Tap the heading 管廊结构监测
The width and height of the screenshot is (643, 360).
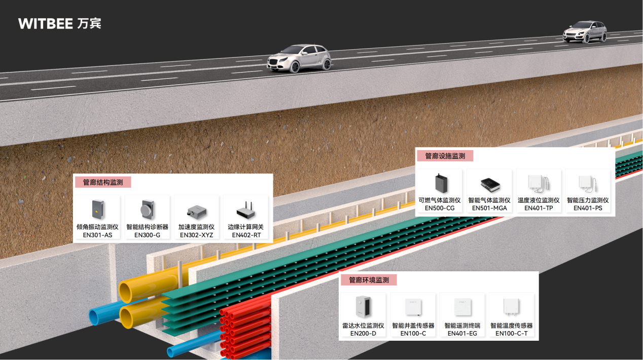point(103,182)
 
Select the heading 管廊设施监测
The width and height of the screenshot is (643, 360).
point(445,156)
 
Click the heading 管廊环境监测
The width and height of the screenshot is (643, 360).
point(369,280)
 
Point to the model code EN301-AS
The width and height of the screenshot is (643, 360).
point(97,235)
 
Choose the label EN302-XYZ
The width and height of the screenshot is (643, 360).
point(196,235)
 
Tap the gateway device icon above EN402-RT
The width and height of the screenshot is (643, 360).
point(246,210)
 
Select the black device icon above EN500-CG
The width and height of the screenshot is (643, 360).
point(439,183)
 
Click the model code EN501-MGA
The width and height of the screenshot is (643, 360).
point(489,208)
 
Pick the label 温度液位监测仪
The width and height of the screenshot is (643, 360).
point(539,200)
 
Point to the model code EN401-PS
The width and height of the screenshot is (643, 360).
point(588,208)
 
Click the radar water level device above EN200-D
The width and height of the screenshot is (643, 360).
point(363,307)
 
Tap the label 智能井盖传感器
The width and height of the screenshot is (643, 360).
point(413,326)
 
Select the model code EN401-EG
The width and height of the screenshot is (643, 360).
point(462,333)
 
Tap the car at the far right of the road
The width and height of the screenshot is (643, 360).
point(585,32)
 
